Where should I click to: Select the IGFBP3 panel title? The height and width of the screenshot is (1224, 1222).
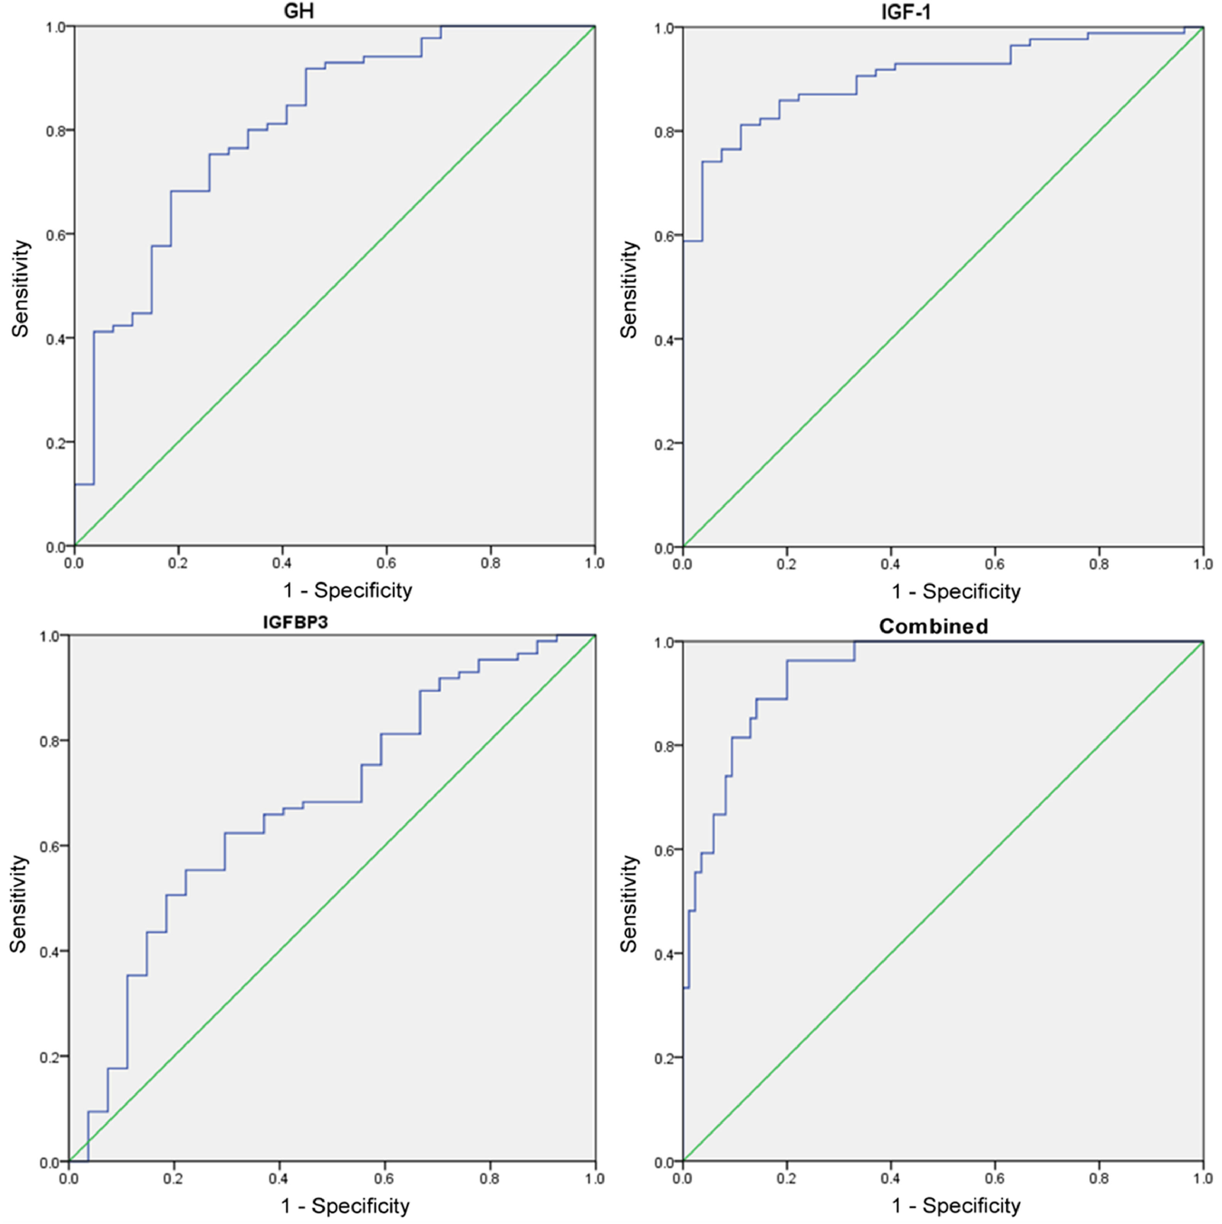(x=295, y=622)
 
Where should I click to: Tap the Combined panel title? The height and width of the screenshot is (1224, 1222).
(x=933, y=626)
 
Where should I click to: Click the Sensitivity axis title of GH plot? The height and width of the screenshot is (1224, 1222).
(x=20, y=288)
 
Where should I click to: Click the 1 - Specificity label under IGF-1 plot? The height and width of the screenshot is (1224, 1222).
(x=956, y=591)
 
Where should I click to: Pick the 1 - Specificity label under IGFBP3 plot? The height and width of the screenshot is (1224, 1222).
(x=345, y=1205)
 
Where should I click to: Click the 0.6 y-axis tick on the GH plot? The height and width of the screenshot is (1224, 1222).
(x=56, y=234)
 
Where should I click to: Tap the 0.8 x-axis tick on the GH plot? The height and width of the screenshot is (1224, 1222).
(x=490, y=563)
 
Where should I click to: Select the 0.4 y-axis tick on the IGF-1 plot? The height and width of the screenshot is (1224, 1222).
(x=664, y=340)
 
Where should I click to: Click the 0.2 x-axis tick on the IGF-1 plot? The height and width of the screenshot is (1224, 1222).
(x=787, y=564)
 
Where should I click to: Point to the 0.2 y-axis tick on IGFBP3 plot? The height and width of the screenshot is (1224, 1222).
(x=50, y=1057)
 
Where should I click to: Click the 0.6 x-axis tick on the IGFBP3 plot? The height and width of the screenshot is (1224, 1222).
(x=384, y=1178)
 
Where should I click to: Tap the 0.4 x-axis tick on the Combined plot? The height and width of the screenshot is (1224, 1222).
(x=891, y=1178)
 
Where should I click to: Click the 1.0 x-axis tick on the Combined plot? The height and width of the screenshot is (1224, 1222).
(x=1202, y=1178)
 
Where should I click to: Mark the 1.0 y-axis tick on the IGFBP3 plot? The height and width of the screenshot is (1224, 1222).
(x=50, y=636)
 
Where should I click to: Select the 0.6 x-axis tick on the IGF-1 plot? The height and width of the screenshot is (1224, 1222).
(x=995, y=564)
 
